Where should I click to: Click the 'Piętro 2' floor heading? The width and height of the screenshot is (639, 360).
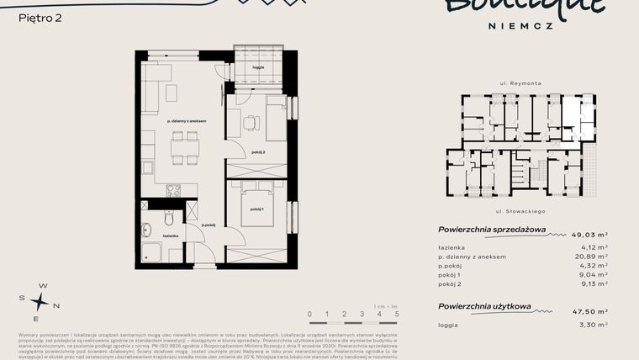40,16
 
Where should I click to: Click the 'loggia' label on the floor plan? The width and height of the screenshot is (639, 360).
257,66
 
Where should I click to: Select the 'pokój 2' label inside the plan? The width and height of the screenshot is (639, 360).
257,152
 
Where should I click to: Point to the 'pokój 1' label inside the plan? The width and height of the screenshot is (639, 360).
256,209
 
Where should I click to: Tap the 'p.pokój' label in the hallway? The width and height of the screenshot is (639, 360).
209,225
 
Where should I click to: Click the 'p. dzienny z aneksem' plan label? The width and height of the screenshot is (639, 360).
186,122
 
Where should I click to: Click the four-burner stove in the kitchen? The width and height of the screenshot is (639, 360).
174,190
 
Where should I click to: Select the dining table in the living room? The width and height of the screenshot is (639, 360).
185,150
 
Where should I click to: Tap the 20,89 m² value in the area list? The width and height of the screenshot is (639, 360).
591,257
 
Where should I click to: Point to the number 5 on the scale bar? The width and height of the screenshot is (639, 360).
396,315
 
